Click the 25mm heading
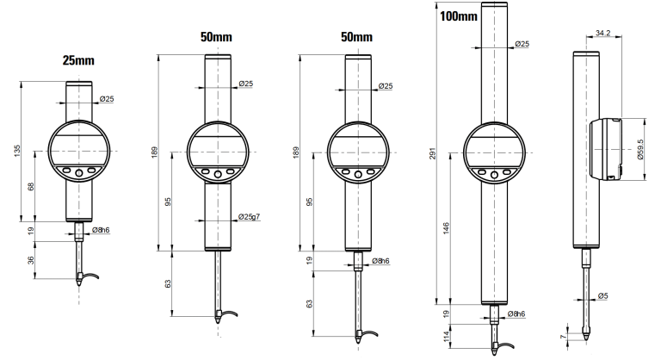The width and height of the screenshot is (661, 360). coord(77,62)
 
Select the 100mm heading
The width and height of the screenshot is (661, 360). coord(454,17)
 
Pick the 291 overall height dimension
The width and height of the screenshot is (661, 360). coord(430,153)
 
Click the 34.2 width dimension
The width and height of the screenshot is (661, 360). coord(603,34)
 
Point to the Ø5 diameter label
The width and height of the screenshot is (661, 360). coord(603,297)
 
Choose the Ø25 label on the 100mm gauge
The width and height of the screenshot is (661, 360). coord(521,44)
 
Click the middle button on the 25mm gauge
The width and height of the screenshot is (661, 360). coord(78,173)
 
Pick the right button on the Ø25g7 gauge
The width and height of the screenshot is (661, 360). coord(231,175)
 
